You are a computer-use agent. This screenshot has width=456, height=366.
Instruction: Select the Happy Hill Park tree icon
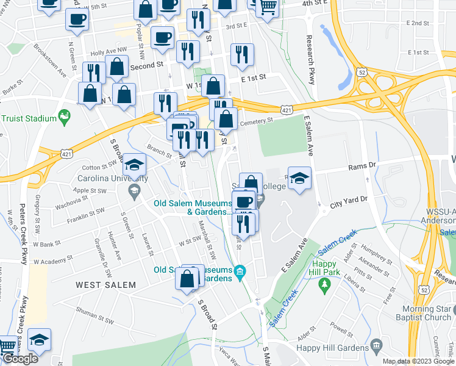[326, 284]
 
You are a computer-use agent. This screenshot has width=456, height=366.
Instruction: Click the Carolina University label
[112, 179]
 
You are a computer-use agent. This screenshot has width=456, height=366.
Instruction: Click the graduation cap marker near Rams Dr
[299, 178]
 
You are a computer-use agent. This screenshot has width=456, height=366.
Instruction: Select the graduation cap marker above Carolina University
[134, 165]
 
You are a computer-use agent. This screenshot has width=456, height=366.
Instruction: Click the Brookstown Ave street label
[50, 60]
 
